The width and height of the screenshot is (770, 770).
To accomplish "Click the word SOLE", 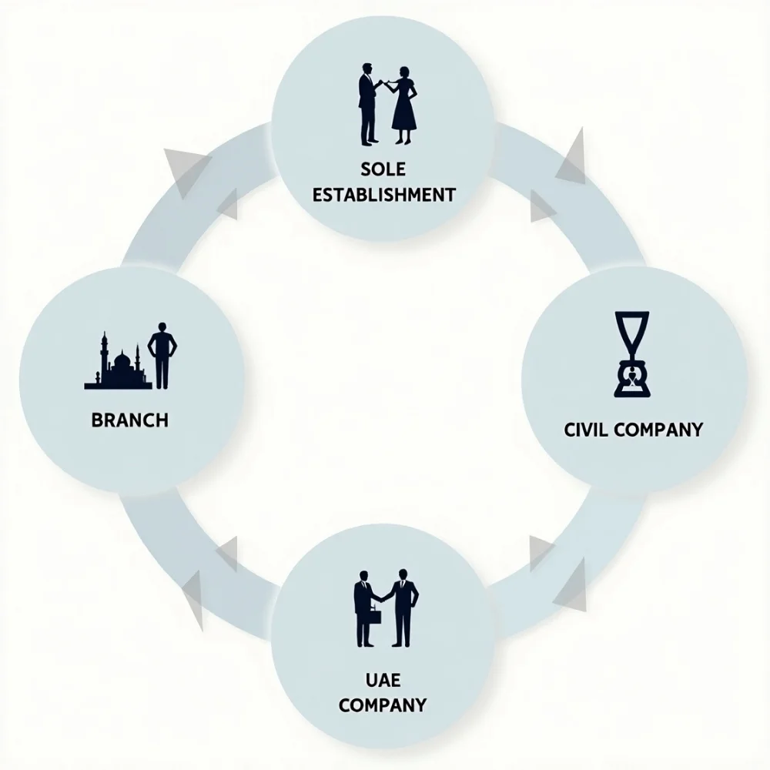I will (383, 169).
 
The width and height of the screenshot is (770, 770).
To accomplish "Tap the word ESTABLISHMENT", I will (383, 193).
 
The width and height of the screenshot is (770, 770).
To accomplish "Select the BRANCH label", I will (129, 420).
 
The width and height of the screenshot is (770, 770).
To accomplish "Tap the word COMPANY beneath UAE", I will (383, 704).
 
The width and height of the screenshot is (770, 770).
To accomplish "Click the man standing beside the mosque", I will (162, 355).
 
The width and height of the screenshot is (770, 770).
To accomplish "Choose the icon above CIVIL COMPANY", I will (631, 353).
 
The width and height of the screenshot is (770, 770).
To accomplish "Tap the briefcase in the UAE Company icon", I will (373, 618).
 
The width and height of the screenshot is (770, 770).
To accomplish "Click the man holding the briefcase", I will (363, 608).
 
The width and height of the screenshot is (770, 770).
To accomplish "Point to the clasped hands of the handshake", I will (382, 597).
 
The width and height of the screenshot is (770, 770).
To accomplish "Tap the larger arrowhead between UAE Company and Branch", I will (193, 598).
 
